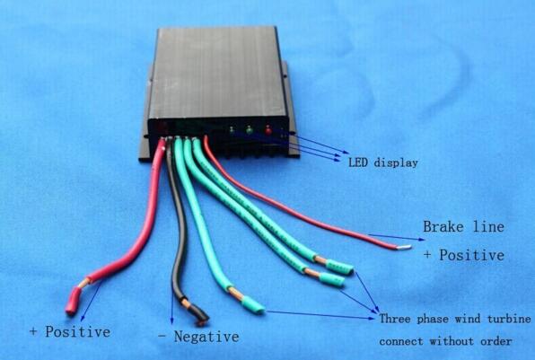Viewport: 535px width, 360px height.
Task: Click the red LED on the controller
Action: (267, 130)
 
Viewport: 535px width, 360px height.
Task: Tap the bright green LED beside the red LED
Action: (249, 129)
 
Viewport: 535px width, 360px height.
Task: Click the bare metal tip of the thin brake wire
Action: (405, 247)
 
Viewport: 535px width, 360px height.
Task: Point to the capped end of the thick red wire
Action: (74, 301)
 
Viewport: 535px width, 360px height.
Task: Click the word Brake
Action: (443, 226)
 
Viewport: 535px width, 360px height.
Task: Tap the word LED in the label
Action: (358, 162)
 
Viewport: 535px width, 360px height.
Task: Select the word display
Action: (396, 162)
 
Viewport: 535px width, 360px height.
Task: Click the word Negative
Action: (206, 337)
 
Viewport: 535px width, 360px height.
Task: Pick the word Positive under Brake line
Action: (471, 255)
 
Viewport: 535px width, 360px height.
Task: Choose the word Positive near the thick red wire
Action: (78, 331)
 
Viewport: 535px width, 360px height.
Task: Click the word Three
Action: (395, 319)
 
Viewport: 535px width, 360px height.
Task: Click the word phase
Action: (433, 320)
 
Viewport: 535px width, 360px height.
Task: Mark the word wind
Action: (468, 319)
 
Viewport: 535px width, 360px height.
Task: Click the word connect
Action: (401, 341)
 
